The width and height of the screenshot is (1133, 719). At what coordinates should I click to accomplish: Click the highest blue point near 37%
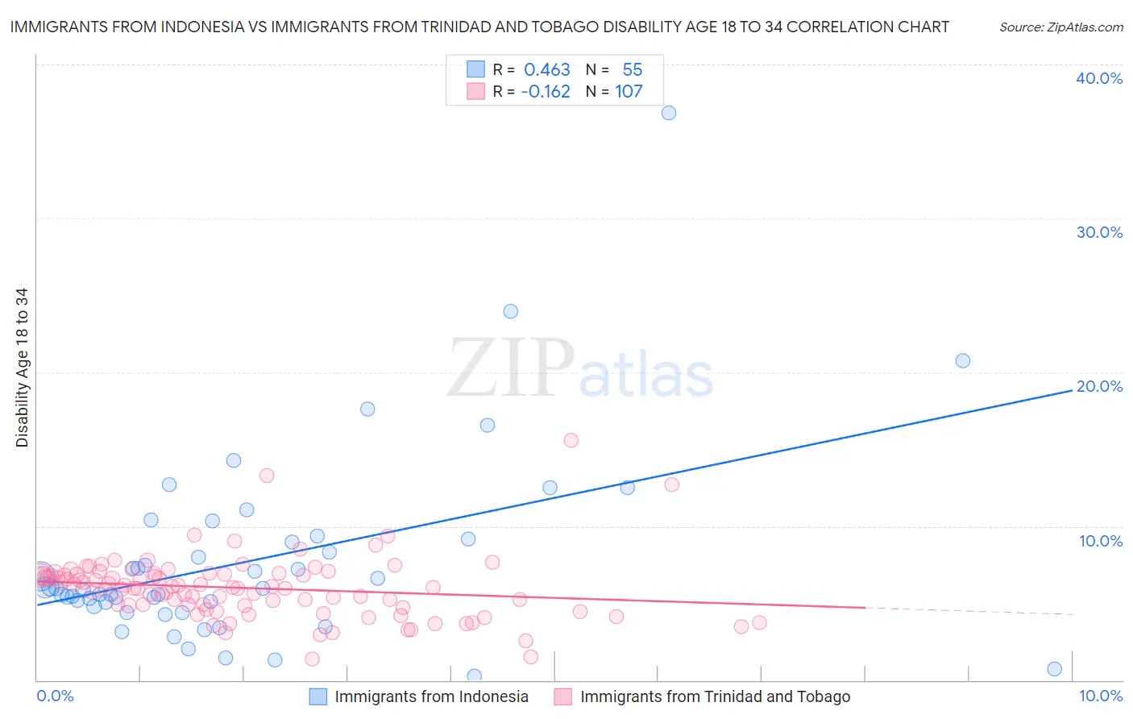click(669, 113)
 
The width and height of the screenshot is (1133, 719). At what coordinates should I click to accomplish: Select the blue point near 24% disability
click(510, 311)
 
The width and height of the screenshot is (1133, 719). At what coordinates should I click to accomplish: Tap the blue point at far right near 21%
click(962, 360)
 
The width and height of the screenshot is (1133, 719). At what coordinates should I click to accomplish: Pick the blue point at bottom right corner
click(1054, 669)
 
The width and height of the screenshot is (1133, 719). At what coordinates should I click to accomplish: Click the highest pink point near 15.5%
click(571, 440)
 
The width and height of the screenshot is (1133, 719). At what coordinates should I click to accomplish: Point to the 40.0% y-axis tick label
click(1099, 78)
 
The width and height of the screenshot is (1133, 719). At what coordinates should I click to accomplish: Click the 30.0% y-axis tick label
click(1099, 232)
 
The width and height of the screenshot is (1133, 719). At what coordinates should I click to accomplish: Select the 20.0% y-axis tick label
click(1099, 386)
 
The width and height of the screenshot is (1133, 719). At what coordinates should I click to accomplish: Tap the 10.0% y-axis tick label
click(1101, 541)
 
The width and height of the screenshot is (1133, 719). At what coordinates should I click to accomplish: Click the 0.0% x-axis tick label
click(56, 696)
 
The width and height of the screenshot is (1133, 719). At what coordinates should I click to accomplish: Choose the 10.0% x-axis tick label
click(1101, 696)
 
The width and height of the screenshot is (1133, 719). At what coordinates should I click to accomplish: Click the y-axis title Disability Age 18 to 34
click(22, 368)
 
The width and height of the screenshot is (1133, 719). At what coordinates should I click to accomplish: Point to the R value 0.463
click(547, 70)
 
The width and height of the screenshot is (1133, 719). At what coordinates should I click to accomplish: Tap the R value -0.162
click(546, 92)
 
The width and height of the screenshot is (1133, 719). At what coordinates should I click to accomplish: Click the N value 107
click(629, 92)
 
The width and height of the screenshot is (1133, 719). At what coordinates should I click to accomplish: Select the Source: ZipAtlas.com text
click(1061, 27)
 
